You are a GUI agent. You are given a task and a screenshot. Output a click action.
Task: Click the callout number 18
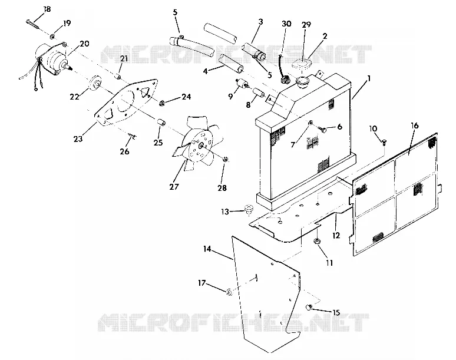click(47, 9)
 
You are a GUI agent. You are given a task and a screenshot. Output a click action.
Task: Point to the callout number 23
click(78, 138)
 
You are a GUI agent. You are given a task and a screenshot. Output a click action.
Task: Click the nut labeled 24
click(162, 103)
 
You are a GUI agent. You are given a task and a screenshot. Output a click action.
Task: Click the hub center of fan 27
click(201, 144)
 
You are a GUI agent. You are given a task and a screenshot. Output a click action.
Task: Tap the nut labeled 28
click(226, 159)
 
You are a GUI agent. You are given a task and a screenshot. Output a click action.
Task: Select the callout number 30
click(286, 24)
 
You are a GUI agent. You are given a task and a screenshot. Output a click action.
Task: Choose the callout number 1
click(369, 78)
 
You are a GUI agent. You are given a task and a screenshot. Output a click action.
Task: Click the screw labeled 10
click(384, 143)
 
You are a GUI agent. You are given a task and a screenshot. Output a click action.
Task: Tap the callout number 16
click(414, 125)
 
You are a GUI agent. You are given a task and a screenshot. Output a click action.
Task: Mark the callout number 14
click(207, 249)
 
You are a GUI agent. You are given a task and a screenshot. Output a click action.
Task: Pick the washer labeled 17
click(229, 292)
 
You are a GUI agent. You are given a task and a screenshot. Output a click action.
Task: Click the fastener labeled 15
click(309, 307)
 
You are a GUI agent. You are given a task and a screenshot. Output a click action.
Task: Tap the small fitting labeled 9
click(242, 84)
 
